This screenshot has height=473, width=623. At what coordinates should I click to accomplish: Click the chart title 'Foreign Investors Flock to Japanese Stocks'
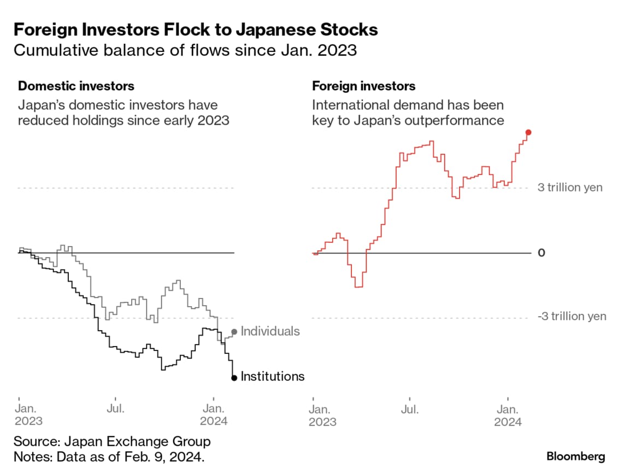[x=196, y=30]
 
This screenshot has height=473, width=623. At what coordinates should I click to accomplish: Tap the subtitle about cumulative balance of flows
[x=185, y=51]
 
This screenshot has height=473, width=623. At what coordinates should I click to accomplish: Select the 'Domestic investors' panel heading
[x=76, y=86]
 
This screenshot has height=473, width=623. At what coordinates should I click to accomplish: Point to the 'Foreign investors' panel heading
[x=363, y=86]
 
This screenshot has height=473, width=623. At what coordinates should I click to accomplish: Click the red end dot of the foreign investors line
[x=528, y=132]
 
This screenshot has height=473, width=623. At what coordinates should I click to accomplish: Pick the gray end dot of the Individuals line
[x=234, y=331]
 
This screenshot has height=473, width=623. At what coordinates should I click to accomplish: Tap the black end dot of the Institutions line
[x=234, y=377]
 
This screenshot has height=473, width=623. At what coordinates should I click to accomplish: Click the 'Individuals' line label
[x=270, y=331]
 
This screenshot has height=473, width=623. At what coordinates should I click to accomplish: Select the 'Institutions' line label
[x=272, y=377]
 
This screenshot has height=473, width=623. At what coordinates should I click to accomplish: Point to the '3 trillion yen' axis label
[x=570, y=188]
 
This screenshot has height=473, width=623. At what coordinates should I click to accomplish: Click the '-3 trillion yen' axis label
[x=572, y=317]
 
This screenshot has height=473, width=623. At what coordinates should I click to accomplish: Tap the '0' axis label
[x=542, y=253]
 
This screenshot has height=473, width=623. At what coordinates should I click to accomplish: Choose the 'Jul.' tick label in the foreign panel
[x=410, y=409]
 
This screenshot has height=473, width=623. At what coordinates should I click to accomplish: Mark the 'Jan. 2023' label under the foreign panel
[x=322, y=415]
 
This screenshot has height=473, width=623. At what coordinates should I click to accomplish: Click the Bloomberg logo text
[x=576, y=456]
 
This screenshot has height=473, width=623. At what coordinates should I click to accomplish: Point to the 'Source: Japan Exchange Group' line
[x=112, y=441]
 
